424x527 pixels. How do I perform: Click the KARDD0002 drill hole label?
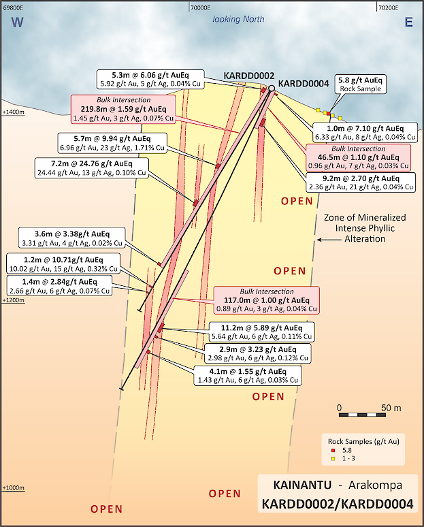[248, 76]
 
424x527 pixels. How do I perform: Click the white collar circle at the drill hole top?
[272, 89]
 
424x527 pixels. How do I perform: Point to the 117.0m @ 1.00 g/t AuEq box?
[266, 300]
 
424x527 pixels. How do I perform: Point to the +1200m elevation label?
[13, 300]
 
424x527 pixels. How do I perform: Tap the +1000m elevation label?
[13, 488]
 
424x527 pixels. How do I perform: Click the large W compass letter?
[18, 22]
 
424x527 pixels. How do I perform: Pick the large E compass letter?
[408, 22]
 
